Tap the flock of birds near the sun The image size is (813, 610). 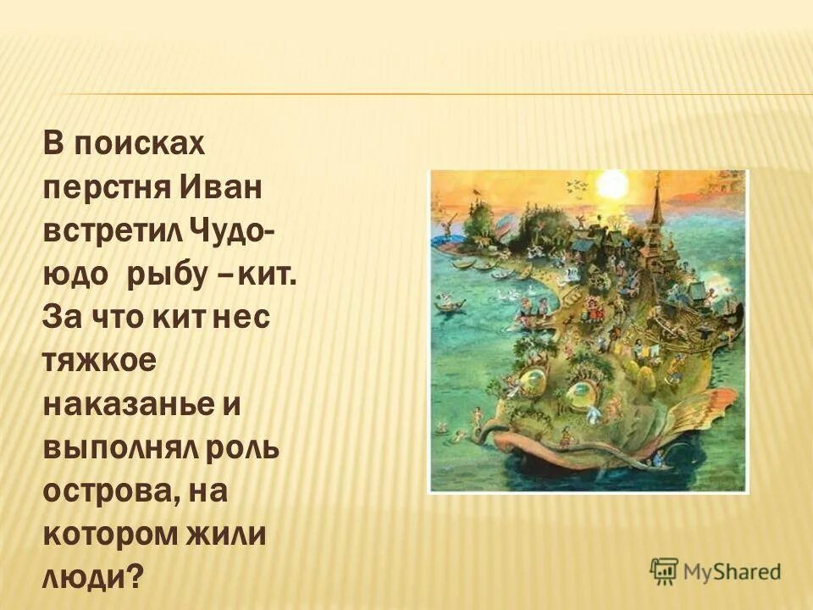point(576,184)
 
